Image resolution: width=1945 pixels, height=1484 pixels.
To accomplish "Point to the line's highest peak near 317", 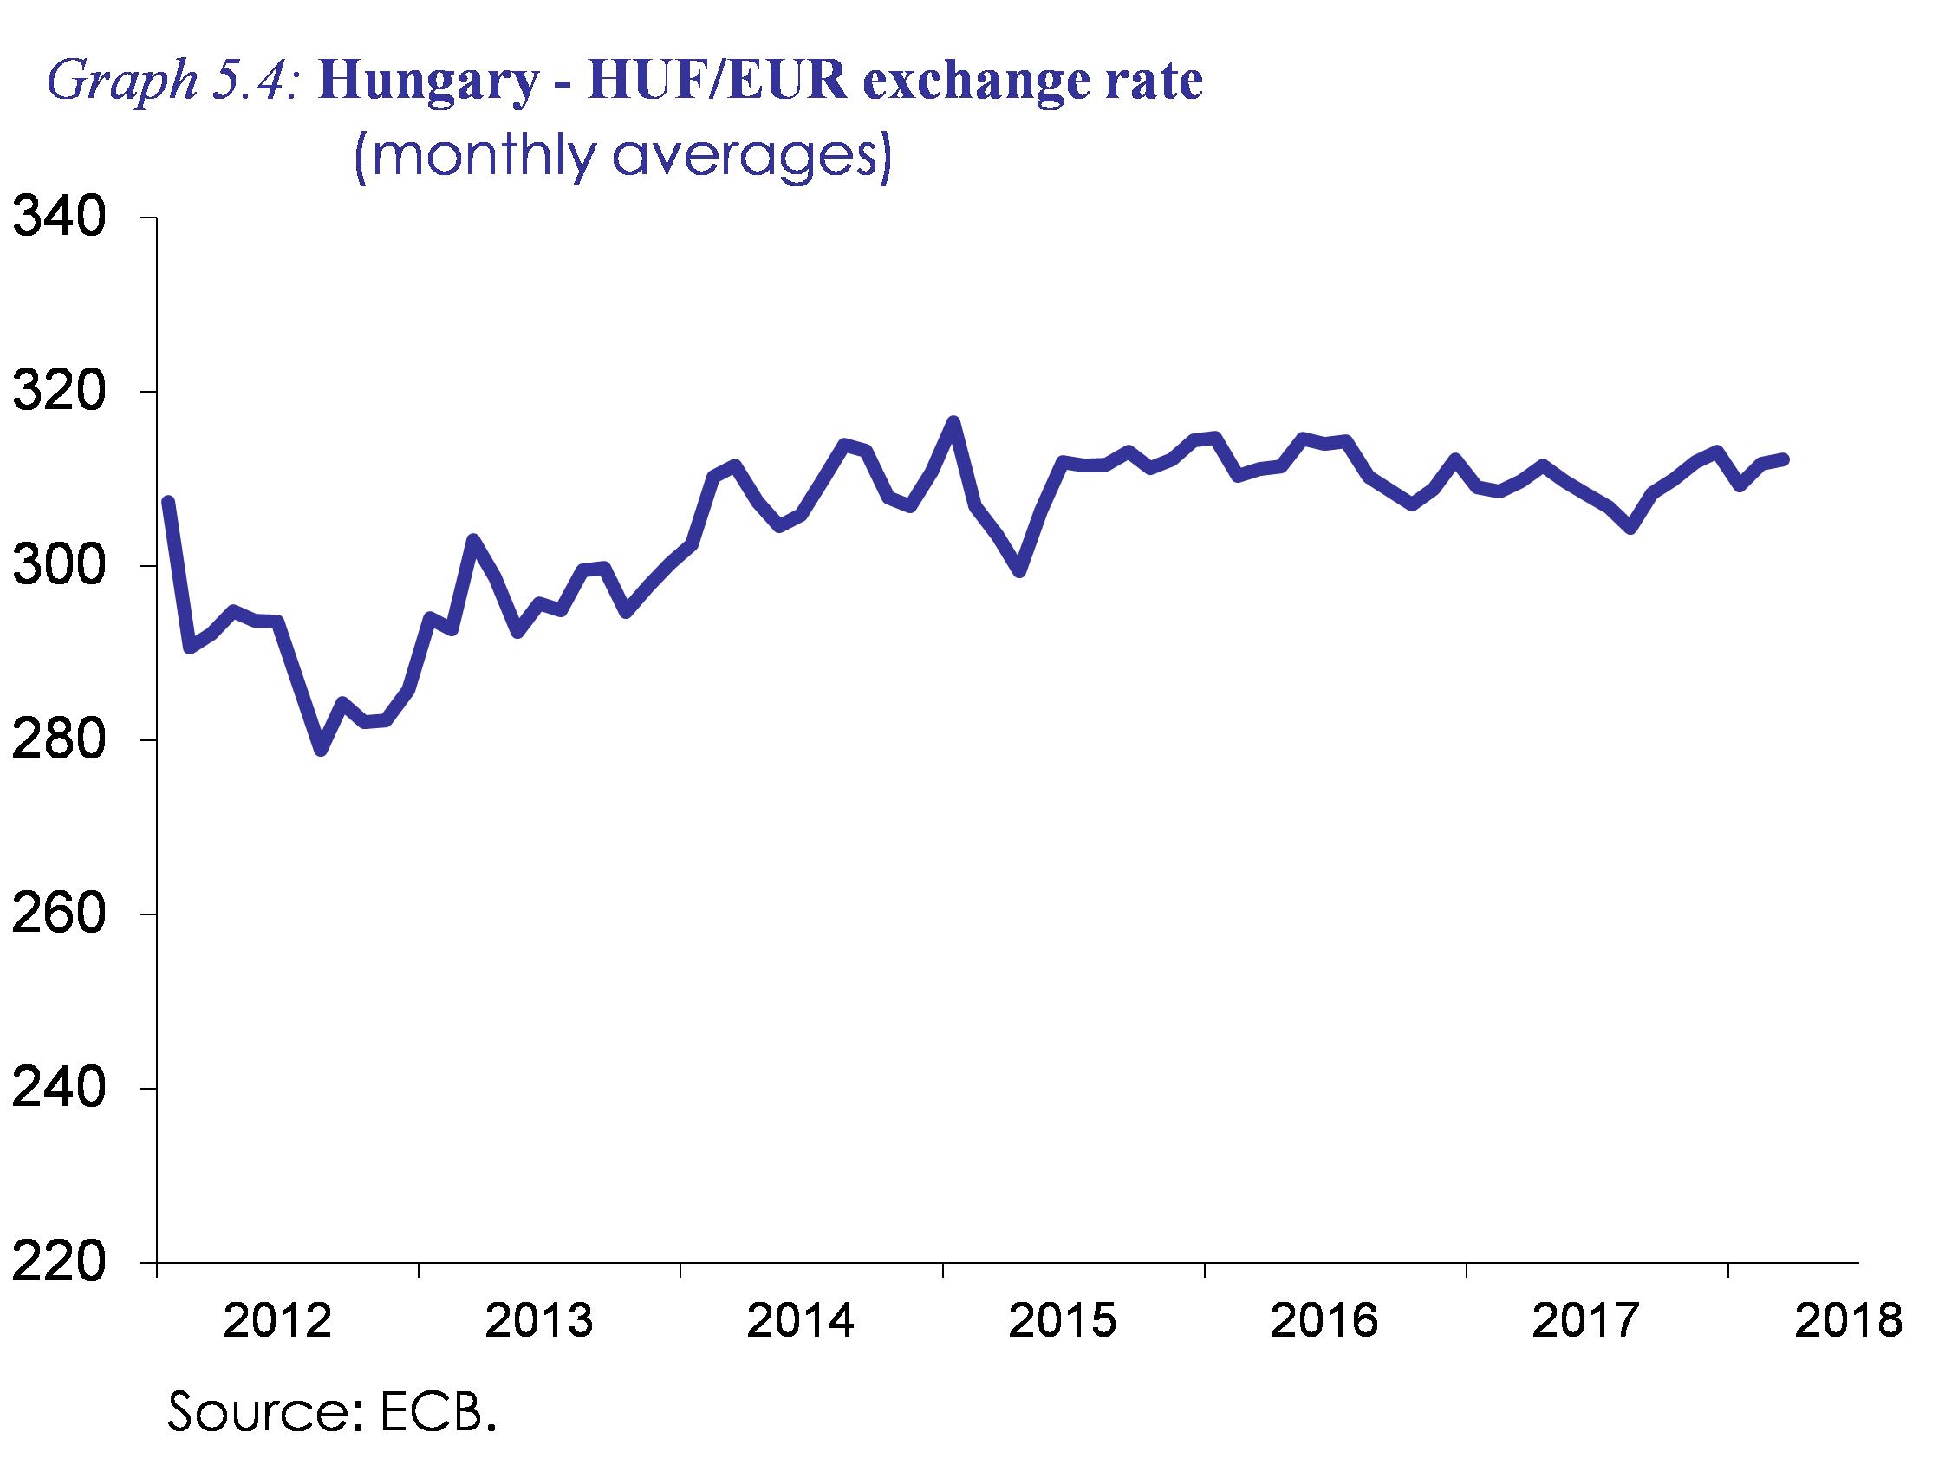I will (953, 422).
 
